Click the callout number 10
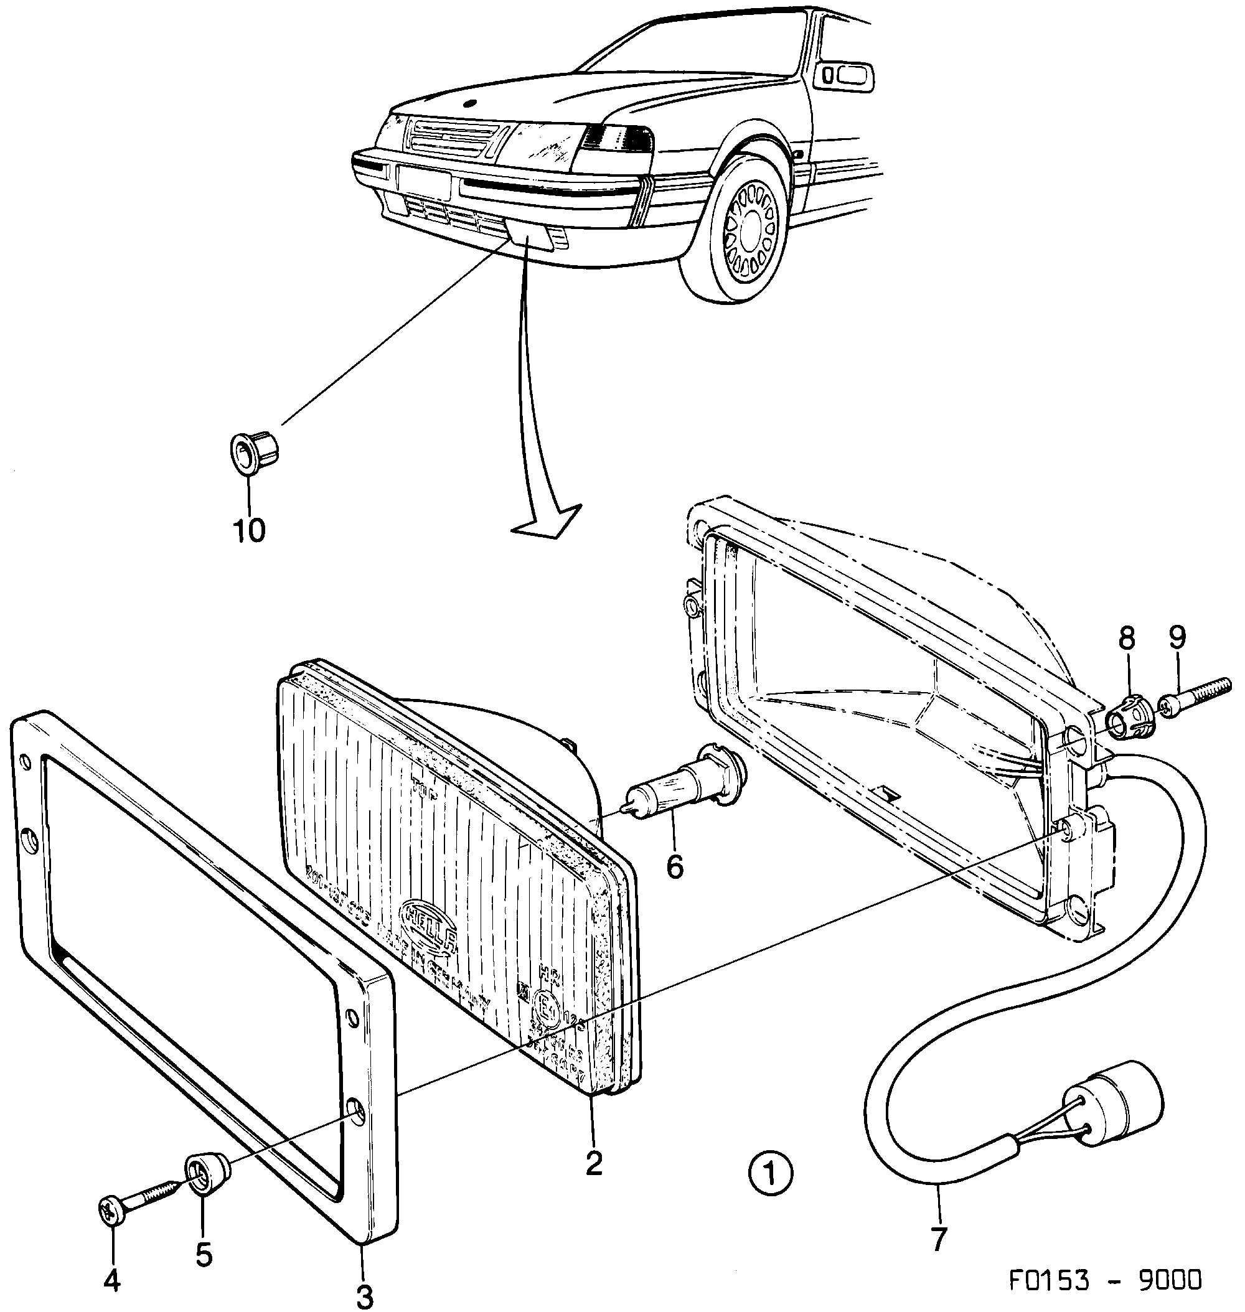[249, 530]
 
